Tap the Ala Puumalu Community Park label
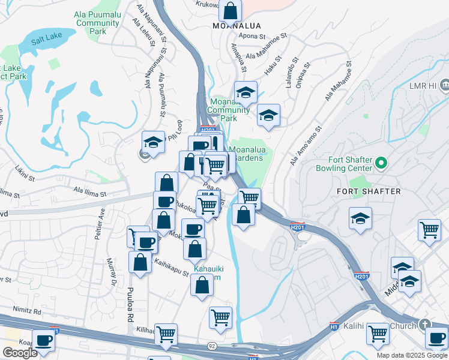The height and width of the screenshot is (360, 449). pyautogui.click(x=97, y=23)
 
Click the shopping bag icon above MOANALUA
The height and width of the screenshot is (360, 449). pyautogui.click(x=230, y=10)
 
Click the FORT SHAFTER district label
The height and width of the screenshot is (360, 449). pyautogui.click(x=374, y=191)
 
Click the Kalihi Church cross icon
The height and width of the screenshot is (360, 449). pyautogui.click(x=426, y=325)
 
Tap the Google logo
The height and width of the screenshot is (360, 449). pyautogui.click(x=20, y=353)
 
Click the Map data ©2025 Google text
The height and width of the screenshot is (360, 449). pyautogui.click(x=411, y=355)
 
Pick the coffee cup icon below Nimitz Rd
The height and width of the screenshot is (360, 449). pyautogui.click(x=43, y=341)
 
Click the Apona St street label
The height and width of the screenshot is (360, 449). pyautogui.click(x=252, y=36)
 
